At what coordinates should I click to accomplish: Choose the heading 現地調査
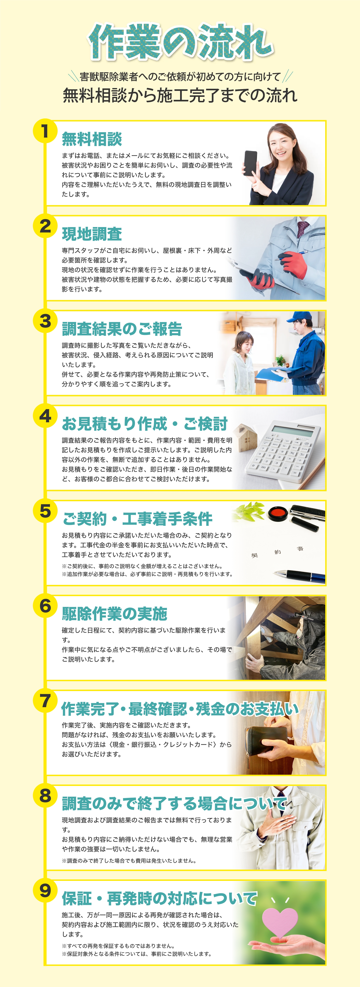[x=92, y=234]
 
